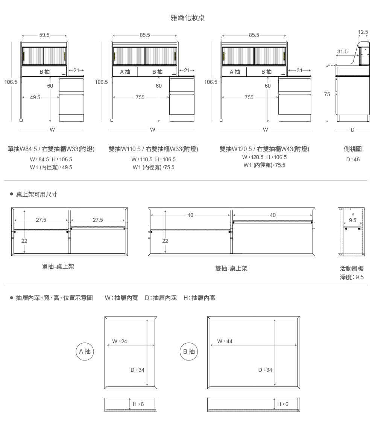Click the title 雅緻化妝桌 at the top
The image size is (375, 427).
(x=187, y=18)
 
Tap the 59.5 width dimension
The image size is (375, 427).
(x=44, y=35)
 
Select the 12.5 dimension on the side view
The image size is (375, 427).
(x=363, y=32)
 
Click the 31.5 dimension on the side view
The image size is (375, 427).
(x=342, y=51)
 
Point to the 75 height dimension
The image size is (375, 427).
(x=327, y=94)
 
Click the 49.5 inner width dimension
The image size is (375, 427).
(x=35, y=97)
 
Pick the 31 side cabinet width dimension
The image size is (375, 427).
(x=299, y=70)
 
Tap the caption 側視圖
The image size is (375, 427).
(x=353, y=149)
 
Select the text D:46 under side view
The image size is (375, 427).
(x=353, y=159)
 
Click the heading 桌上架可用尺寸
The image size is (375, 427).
(x=36, y=194)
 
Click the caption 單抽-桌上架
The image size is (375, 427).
(x=58, y=266)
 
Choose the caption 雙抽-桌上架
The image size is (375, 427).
(x=231, y=268)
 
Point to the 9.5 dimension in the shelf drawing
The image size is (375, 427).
(x=352, y=220)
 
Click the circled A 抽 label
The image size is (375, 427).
(x=85, y=351)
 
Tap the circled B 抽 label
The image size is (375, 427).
(x=189, y=351)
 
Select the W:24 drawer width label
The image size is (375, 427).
(x=120, y=341)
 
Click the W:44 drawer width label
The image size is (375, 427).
(x=225, y=341)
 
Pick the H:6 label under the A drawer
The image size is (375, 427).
(x=138, y=404)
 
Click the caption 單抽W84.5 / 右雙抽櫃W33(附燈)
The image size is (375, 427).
(x=51, y=149)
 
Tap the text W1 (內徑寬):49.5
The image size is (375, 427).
(x=51, y=167)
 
